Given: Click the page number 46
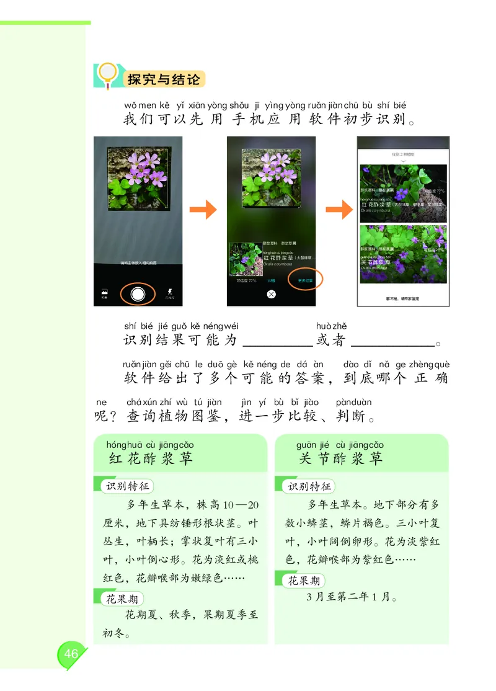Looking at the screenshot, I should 71,654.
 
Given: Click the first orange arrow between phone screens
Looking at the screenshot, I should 203,211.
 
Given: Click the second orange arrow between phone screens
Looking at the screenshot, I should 339,211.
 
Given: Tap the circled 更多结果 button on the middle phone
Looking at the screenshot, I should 305,280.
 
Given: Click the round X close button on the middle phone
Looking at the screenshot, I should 270,294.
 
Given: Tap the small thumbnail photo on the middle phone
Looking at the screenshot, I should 245,259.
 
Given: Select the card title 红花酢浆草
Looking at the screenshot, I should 151,458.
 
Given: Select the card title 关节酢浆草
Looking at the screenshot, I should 340,458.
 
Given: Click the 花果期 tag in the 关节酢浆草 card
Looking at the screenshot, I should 304,581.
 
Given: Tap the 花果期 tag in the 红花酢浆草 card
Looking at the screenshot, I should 122,599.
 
